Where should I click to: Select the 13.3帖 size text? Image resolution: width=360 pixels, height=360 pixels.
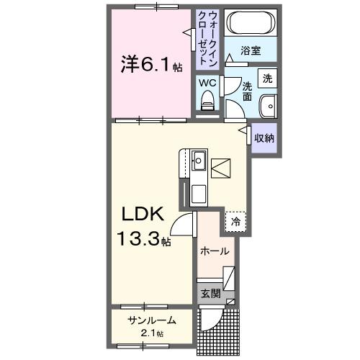coord(144,237)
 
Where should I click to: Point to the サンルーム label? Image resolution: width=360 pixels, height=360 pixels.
coord(152,320)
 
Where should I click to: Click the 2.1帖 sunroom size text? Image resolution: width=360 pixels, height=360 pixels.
coord(152,333)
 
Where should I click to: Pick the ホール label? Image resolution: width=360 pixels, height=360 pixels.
coord(215,251)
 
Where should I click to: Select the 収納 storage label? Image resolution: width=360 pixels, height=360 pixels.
coord(264,137)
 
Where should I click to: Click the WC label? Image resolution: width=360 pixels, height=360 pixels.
coord(207,83)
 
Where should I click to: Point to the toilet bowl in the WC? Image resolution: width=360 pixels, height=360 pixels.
coord(207,104)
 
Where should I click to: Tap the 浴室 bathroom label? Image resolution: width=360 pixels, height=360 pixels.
coord(250,51)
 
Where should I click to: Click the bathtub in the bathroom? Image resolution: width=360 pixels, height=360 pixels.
coord(249,24)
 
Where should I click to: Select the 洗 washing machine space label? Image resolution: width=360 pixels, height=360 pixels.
coord(267,78)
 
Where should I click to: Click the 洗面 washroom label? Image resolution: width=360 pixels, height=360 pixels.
coord(247,90)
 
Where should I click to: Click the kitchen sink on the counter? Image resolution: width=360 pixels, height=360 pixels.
coord(199,161)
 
